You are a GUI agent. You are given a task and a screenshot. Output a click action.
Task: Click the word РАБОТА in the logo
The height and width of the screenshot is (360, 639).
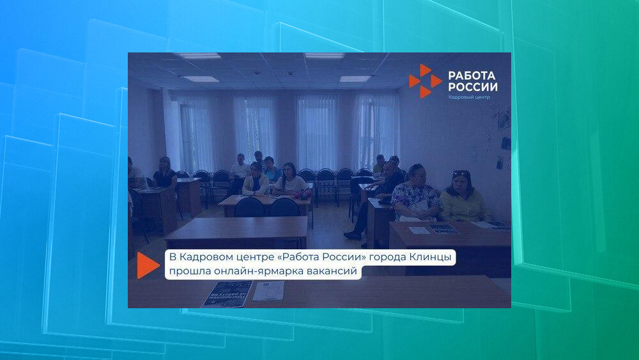(x=472, y=75)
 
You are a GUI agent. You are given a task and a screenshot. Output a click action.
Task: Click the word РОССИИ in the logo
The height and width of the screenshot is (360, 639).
(x=473, y=87)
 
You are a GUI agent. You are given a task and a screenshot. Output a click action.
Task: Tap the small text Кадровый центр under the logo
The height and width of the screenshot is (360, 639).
(x=469, y=97)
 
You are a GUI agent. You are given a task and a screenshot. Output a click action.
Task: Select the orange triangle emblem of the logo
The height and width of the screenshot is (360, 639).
(x=425, y=81)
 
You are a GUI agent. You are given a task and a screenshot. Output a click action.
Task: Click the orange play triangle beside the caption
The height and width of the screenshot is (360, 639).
(x=148, y=265)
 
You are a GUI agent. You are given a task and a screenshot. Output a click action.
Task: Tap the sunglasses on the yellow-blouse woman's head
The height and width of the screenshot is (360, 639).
(x=461, y=173)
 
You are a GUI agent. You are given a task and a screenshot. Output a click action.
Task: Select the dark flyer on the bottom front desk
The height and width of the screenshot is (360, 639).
(x=227, y=294)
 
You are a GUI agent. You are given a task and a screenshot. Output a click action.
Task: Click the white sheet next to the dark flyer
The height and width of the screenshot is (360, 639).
(x=268, y=291)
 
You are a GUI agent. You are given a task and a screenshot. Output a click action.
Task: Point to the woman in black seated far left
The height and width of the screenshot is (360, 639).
(x=165, y=173)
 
